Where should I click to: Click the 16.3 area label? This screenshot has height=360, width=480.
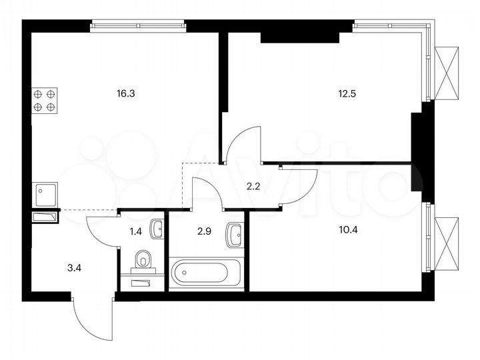tap(125, 94)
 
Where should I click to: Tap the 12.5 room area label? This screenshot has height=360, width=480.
tap(347, 94)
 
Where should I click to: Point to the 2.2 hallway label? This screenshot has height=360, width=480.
tap(253, 186)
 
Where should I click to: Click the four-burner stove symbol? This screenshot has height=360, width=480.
tap(44, 100)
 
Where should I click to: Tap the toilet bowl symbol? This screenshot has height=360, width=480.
tap(143, 260)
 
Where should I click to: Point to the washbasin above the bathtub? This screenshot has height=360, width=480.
tap(235, 234)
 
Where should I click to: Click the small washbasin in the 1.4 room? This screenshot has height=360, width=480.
tap(157, 229)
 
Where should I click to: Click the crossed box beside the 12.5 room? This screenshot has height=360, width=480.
tap(446, 73)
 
